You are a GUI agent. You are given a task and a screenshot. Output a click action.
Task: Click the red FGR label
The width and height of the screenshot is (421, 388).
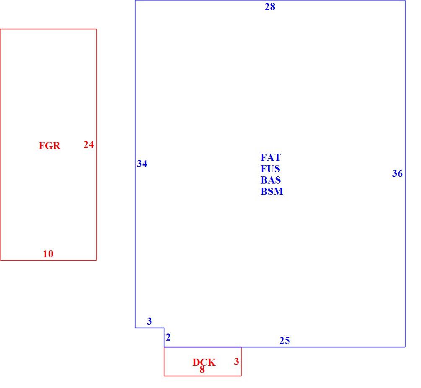pyautogui.click(x=49, y=146)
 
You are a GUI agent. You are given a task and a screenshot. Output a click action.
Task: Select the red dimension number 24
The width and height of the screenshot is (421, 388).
pyautogui.click(x=88, y=145)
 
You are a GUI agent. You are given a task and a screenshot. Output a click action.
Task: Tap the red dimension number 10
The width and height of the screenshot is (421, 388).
pyautogui.click(x=48, y=254)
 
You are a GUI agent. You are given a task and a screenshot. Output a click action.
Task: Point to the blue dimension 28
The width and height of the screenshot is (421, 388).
pyautogui.click(x=270, y=7)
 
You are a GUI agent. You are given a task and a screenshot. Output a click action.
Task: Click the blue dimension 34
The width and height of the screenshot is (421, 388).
pyautogui.click(x=142, y=164)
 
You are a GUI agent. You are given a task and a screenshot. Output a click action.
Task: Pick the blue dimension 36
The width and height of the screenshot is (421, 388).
pyautogui.click(x=398, y=173)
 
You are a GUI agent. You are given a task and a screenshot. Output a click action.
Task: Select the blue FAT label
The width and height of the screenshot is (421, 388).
pyautogui.click(x=270, y=157)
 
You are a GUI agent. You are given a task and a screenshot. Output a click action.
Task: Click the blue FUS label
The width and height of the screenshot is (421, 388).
pyautogui.click(x=270, y=169)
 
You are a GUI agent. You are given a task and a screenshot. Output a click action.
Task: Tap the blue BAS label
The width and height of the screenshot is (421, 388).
pyautogui.click(x=270, y=180)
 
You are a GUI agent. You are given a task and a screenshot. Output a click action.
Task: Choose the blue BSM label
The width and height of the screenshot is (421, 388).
pyautogui.click(x=272, y=191)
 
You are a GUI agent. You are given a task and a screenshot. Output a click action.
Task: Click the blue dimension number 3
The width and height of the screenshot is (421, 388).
pyautogui.click(x=149, y=321)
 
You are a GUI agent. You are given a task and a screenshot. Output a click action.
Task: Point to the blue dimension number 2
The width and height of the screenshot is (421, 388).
pyautogui.click(x=168, y=337)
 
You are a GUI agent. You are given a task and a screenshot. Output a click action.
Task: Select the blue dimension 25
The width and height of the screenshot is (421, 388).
pyautogui.click(x=285, y=341)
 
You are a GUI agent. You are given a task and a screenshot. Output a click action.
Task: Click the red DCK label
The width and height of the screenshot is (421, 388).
pyautogui.click(x=204, y=362)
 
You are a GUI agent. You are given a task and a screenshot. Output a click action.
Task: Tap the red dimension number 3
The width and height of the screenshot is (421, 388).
pyautogui.click(x=236, y=362)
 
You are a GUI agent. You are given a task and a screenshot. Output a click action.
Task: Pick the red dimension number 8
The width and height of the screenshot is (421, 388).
pyautogui.click(x=202, y=370)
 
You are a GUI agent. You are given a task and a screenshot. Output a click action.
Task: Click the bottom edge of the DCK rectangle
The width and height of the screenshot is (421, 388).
pyautogui.click(x=203, y=376)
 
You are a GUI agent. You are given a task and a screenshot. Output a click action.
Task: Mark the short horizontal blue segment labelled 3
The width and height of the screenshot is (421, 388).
pyautogui.click(x=150, y=328)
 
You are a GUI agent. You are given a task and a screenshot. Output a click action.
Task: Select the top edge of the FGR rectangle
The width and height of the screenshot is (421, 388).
pyautogui.click(x=48, y=29)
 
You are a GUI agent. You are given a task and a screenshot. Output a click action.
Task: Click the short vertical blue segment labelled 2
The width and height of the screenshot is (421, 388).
pyautogui.click(x=164, y=337)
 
